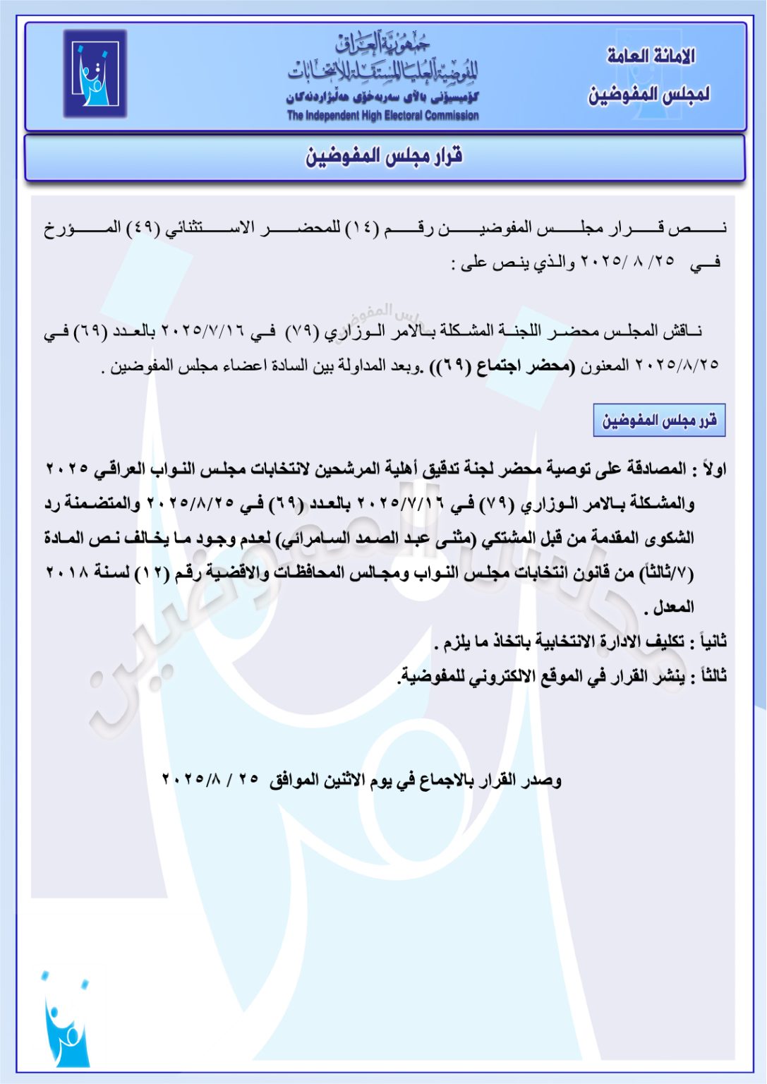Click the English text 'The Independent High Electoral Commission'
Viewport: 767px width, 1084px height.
pyautogui.click(x=382, y=116)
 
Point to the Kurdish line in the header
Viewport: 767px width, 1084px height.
pyautogui.click(x=382, y=97)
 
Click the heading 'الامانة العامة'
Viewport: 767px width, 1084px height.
pyautogui.click(x=651, y=56)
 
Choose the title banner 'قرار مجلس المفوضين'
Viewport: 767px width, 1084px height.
pyautogui.click(x=384, y=156)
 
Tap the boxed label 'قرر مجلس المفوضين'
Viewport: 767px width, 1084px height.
pyautogui.click(x=659, y=421)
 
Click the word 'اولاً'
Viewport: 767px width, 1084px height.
pyautogui.click(x=711, y=469)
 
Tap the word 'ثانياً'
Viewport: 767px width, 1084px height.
pyautogui.click(x=708, y=642)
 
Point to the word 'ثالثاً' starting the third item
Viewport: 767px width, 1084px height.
pyautogui.click(x=708, y=676)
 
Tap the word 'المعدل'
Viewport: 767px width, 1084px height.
pyautogui.click(x=674, y=607)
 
